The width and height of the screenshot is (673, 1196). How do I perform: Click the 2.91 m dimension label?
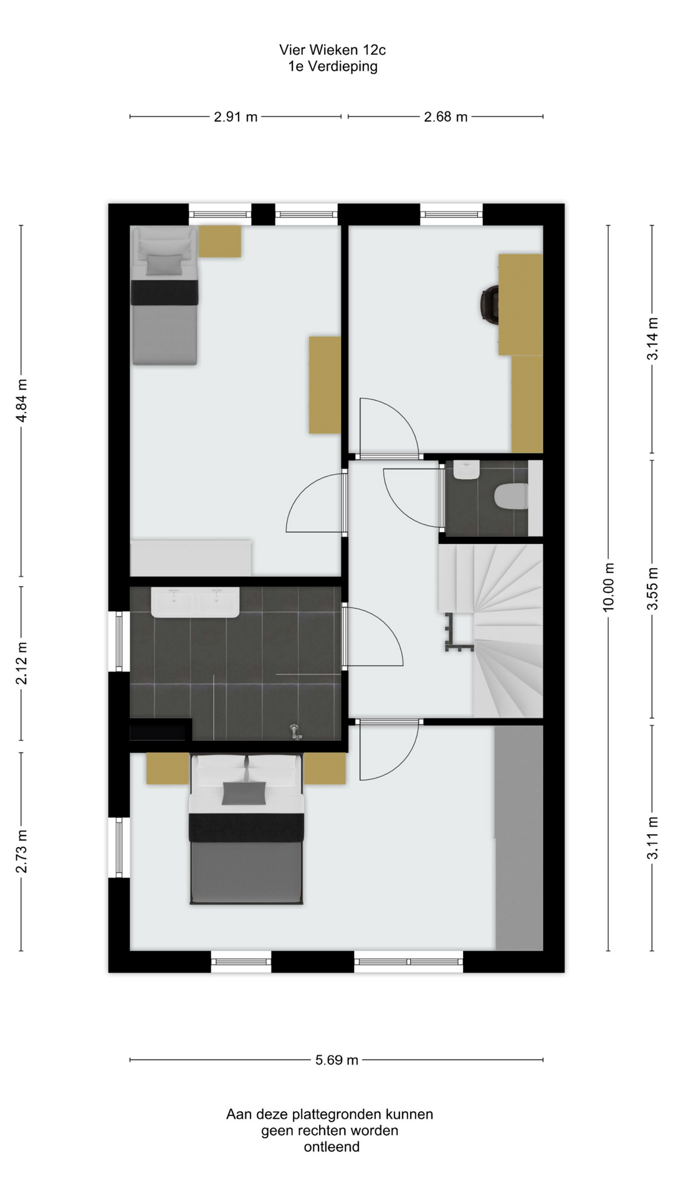tap(236, 116)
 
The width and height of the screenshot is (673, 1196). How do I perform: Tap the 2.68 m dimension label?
tap(446, 116)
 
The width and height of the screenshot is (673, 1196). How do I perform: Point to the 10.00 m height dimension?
tap(609, 587)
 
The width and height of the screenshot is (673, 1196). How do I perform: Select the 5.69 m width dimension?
tap(336, 1060)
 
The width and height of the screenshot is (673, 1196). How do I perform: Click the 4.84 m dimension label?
tap(21, 401)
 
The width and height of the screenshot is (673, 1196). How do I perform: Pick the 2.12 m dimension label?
tap(21, 663)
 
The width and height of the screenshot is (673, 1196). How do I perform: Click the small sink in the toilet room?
tap(466, 470)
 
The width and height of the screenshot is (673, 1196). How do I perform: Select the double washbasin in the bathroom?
tap(196, 602)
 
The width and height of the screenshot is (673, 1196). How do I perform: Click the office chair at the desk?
tap(490, 304)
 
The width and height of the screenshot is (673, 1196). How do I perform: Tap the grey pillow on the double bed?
tap(244, 794)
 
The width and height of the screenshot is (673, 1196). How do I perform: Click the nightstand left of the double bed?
tap(168, 768)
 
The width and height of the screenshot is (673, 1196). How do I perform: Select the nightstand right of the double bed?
tap(325, 768)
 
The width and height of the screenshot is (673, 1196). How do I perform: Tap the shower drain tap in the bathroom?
tap(295, 731)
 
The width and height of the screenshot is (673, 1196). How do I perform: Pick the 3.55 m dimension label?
tap(652, 589)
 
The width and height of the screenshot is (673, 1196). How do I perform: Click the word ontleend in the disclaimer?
tap(332, 1147)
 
